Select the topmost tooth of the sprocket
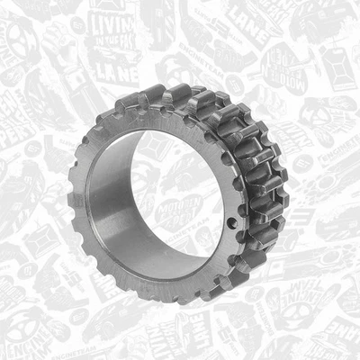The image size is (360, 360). pyautogui.click(x=177, y=93)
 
